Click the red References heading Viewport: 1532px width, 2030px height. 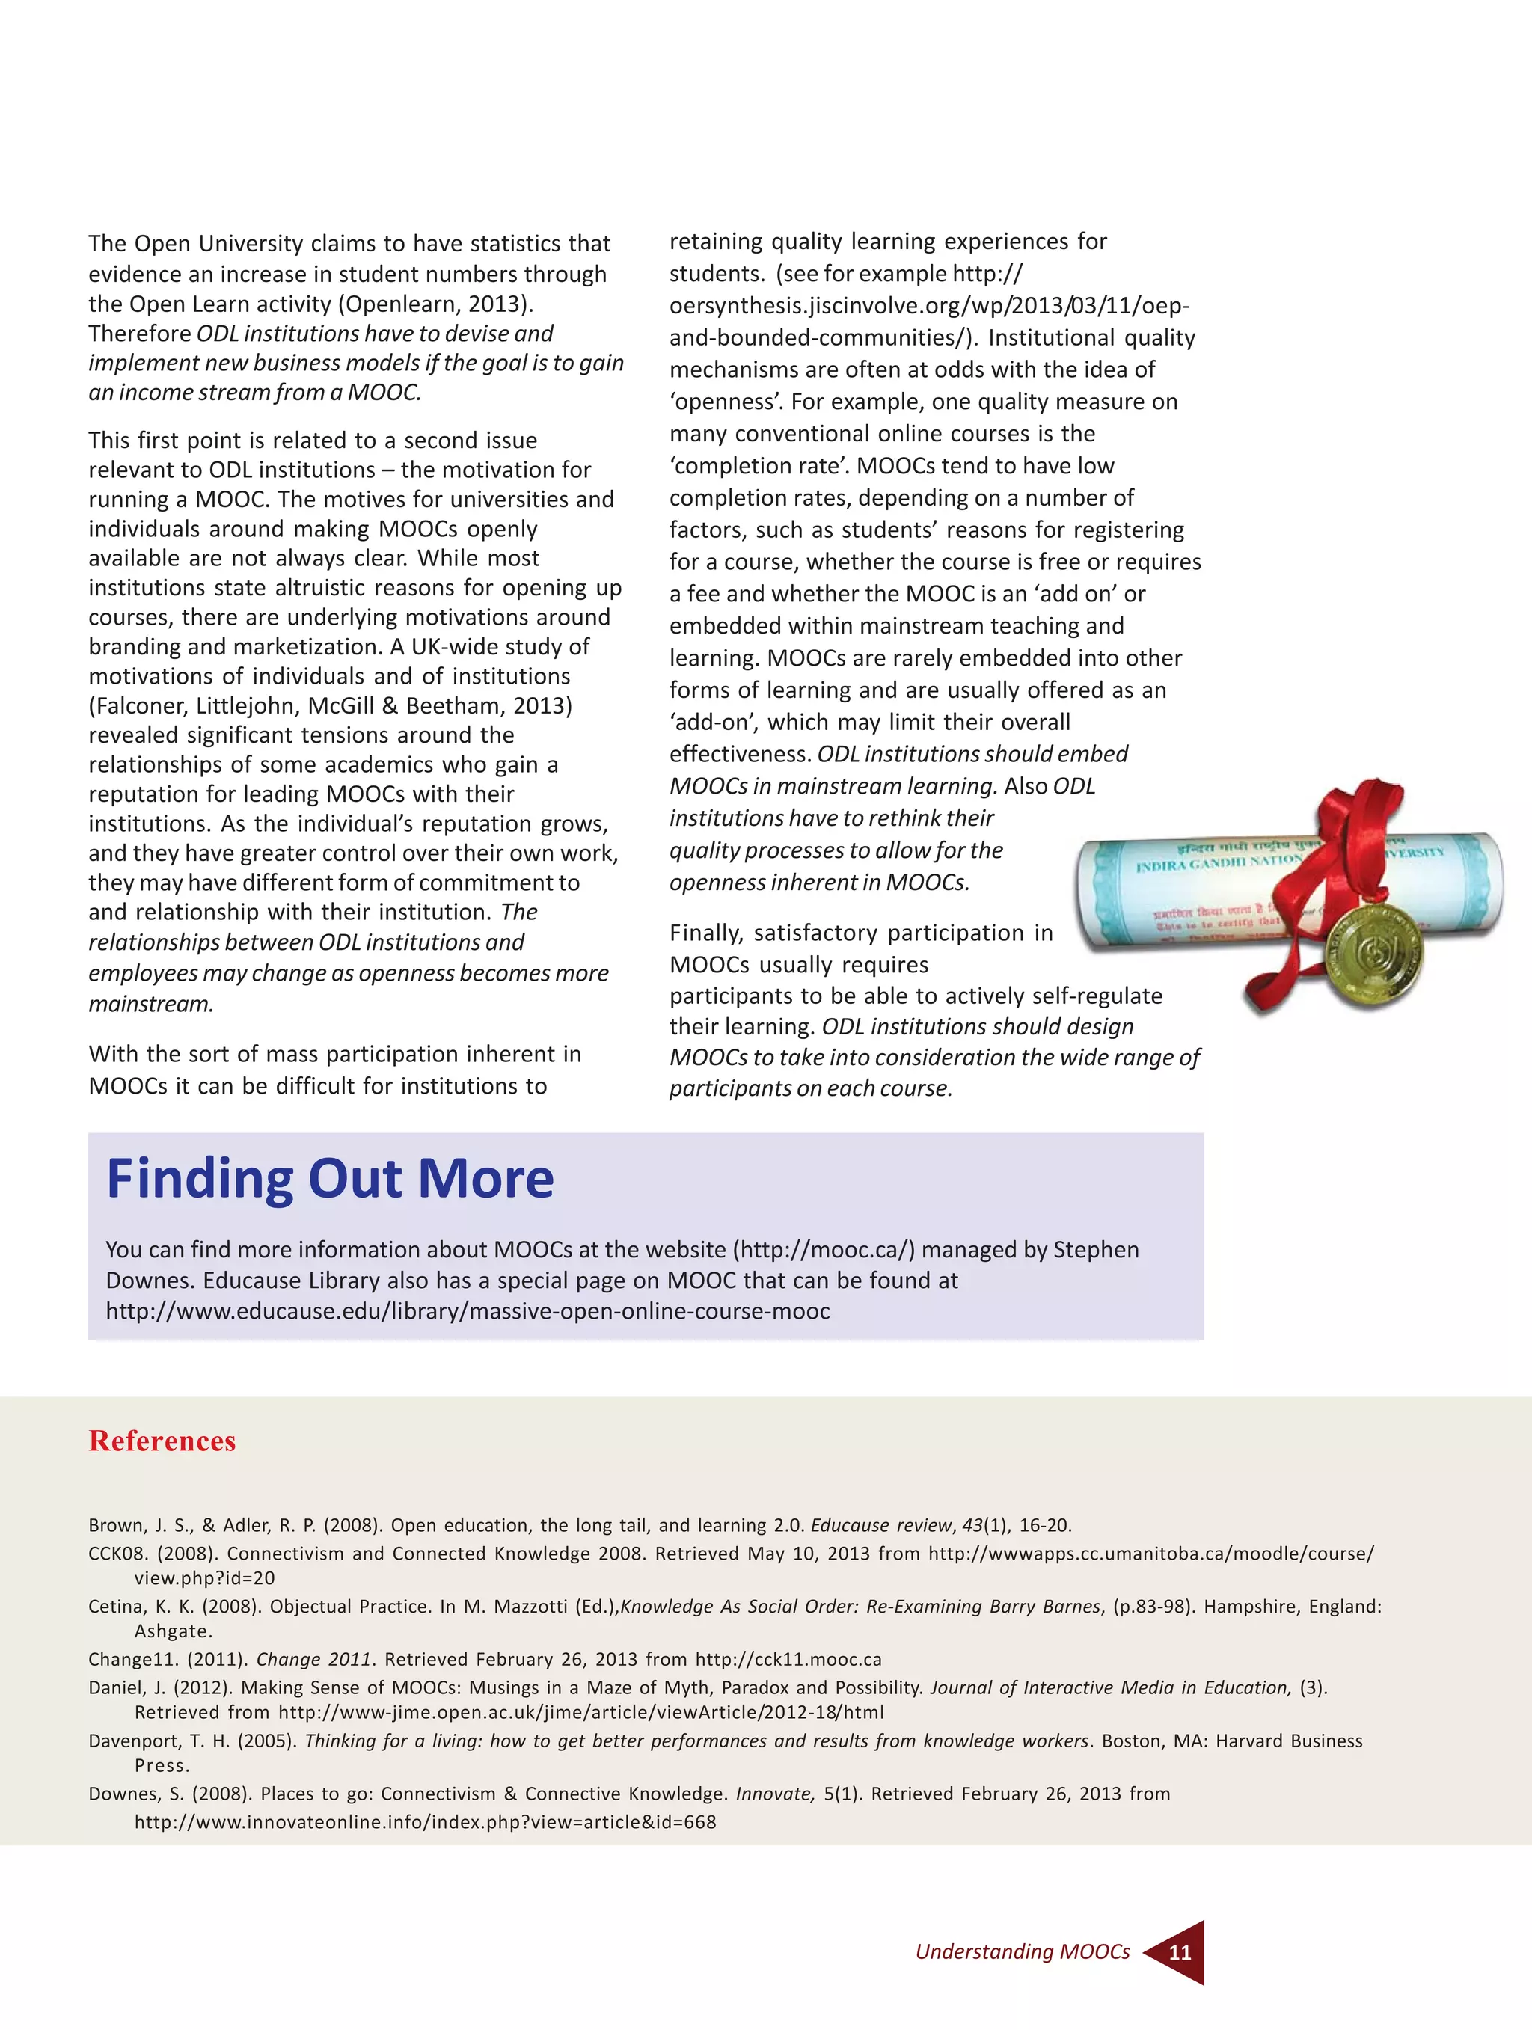point(162,1441)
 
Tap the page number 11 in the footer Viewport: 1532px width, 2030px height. point(1180,1952)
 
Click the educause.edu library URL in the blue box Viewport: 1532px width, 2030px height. point(468,1310)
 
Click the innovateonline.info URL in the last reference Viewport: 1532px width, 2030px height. point(424,1821)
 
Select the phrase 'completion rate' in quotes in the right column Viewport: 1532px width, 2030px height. point(759,465)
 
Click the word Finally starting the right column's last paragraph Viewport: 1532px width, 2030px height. point(705,933)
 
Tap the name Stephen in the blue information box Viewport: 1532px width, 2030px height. point(1095,1249)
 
